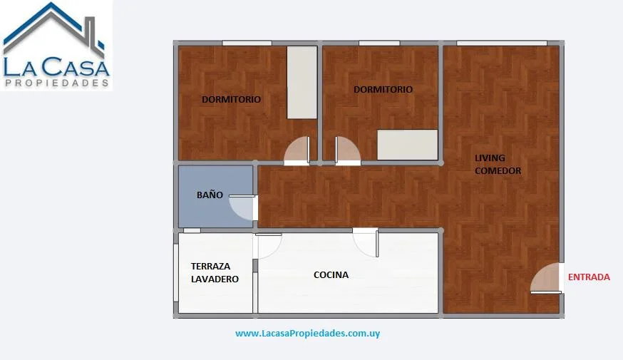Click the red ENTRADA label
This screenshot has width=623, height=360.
point(589,277)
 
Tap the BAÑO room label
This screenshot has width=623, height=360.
point(210,195)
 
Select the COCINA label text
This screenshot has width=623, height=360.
point(331,274)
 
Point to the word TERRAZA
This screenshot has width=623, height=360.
point(210,266)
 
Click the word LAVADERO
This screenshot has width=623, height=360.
point(215,279)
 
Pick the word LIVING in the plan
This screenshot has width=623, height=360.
point(490,158)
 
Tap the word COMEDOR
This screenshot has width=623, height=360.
point(498,170)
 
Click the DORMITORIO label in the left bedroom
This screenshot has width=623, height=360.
point(231,99)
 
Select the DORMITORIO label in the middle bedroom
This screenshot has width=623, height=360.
point(383,89)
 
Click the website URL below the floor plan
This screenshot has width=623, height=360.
point(307,334)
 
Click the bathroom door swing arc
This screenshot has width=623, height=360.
point(242,207)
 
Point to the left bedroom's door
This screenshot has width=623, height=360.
point(297,150)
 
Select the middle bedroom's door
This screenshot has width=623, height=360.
point(348,150)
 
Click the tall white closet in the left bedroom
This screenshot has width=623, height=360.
point(302,82)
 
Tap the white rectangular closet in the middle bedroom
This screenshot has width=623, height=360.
point(408,145)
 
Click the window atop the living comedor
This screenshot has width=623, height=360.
point(502,43)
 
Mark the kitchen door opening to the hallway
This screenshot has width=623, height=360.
point(365,242)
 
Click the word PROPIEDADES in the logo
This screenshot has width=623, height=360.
point(56,83)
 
